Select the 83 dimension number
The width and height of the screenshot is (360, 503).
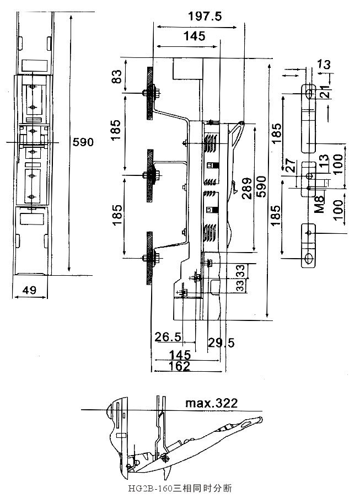pos(117,77)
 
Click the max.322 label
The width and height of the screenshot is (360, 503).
pos(211,403)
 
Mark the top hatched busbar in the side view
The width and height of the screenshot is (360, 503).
pos(149,93)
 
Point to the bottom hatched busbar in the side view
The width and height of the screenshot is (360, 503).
pos(149,258)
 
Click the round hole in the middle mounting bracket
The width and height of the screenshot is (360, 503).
pos(309,176)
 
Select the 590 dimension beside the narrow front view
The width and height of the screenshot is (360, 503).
pos(83,142)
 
